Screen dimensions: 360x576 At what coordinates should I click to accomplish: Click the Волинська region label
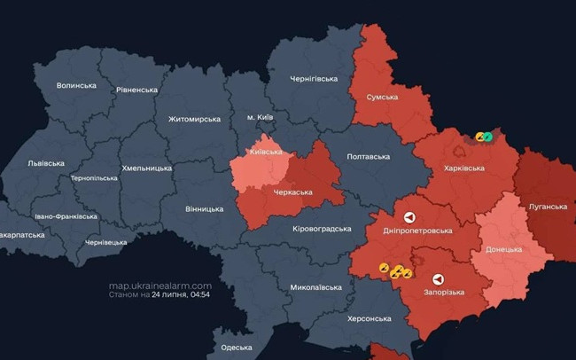pyautogui.click(x=75, y=85)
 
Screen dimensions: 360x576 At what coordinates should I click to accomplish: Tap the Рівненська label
pyautogui.click(x=136, y=90)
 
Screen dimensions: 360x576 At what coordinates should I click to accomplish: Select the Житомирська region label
pyautogui.click(x=194, y=119)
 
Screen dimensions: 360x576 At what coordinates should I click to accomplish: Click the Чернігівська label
pyautogui.click(x=315, y=79)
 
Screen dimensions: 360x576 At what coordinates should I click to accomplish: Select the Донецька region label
pyautogui.click(x=503, y=249)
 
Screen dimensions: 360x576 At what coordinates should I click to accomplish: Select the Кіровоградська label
pyautogui.click(x=322, y=229)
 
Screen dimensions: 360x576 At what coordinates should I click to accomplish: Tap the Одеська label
pyautogui.click(x=237, y=347)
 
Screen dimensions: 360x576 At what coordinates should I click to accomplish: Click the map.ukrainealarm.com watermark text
pyautogui.click(x=160, y=286)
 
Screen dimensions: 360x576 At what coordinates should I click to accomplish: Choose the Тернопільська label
pyautogui.click(x=94, y=178)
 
